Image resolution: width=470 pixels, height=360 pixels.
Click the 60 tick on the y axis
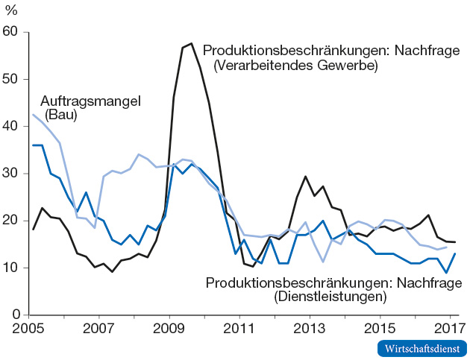(x=13, y=32)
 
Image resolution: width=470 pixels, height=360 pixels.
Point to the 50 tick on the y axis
(x=13, y=79)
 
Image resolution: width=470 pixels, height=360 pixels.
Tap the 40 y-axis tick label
(x=13, y=127)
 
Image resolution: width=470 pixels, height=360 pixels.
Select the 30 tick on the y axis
(x=13, y=174)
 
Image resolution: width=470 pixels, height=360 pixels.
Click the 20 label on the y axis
(x=13, y=221)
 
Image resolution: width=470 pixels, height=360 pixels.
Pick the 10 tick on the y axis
(x=13, y=268)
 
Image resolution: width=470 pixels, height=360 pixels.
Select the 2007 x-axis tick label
(x=100, y=329)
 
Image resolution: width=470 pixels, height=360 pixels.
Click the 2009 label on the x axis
(x=170, y=329)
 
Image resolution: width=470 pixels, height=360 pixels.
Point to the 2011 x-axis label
(x=241, y=329)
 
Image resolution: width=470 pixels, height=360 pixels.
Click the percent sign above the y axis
(x=13, y=10)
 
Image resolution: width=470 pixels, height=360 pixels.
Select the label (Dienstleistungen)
(x=330, y=297)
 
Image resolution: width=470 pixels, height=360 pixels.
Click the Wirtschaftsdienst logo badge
(x=422, y=348)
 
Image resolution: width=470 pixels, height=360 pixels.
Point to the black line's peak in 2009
(x=192, y=43)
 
